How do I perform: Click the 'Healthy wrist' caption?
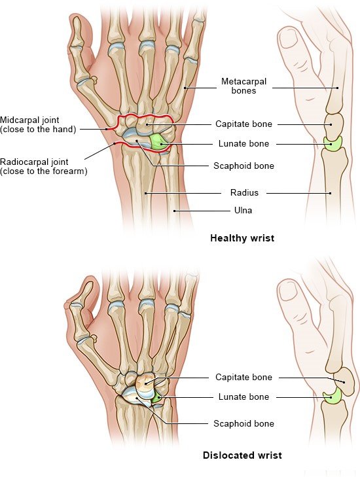(242, 238)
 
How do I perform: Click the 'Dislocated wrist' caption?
(242, 455)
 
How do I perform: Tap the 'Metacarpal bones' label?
(243, 86)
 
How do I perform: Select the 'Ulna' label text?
(243, 210)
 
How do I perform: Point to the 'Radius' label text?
(244, 192)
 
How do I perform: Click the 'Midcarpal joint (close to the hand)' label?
(38, 124)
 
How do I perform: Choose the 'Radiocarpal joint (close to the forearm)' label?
(43, 166)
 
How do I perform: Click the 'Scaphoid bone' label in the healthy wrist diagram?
(243, 166)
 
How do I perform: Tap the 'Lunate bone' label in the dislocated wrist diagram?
(243, 397)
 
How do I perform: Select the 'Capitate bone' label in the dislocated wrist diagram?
(243, 378)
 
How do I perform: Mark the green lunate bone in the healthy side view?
(333, 143)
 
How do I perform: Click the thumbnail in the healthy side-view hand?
(288, 38)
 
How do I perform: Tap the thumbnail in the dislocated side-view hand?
(287, 291)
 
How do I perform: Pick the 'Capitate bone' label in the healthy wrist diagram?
(243, 124)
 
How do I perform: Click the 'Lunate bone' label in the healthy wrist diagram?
(243, 143)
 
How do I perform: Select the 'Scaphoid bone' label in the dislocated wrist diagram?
(243, 424)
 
